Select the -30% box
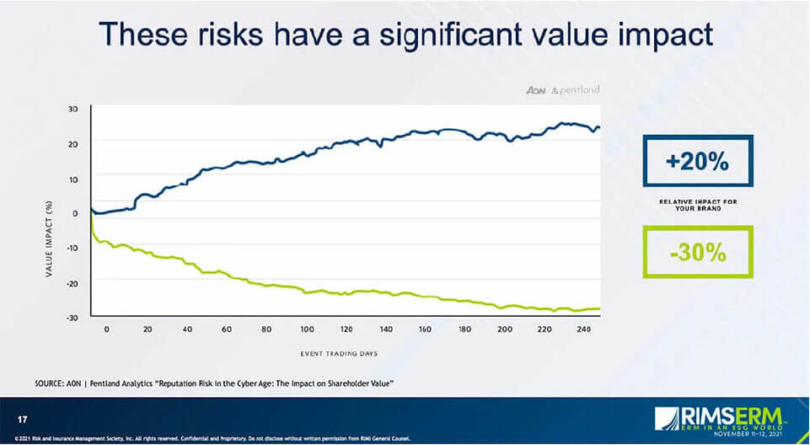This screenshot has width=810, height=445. (696, 252)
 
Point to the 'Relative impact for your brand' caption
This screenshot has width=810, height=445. (696, 205)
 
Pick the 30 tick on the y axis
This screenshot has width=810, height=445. (73, 109)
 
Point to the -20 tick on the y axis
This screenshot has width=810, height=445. (73, 282)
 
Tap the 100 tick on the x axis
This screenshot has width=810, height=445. (306, 330)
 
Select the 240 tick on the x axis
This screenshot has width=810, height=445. (585, 330)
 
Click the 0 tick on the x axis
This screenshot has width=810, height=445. (106, 330)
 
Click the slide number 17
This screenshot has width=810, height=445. (23, 418)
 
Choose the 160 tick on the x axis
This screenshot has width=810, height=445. (426, 330)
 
